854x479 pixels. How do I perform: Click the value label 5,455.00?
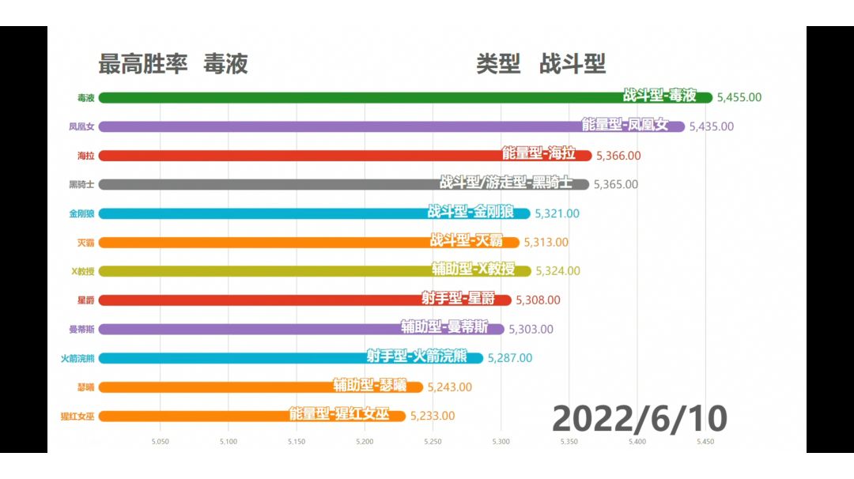[739, 97]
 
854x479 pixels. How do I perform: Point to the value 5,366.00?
[618, 156]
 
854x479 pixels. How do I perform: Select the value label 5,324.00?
[557, 270]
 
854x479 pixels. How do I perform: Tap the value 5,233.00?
[432, 416]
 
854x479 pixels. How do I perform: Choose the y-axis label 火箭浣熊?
[77, 358]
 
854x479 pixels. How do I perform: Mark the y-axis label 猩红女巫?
[77, 416]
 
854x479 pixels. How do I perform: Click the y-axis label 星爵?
[85, 300]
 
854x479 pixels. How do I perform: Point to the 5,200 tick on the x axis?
[365, 442]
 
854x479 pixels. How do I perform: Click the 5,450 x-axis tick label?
[705, 442]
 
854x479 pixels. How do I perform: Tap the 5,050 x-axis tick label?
[161, 442]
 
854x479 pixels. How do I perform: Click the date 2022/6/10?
[639, 417]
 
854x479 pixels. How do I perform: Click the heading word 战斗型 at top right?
[572, 64]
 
